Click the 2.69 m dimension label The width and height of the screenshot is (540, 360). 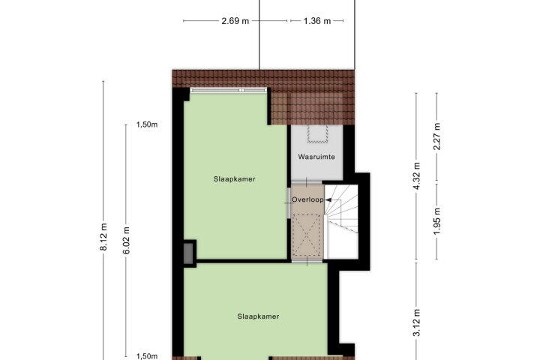pos(235,21)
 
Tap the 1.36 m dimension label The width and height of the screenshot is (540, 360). pos(317,21)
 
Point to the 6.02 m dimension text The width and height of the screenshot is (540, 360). pos(127,241)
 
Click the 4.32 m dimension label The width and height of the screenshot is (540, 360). pos(417,175)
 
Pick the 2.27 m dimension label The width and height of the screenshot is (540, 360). pos(437,136)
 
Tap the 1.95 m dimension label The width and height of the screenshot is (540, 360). pos(437,221)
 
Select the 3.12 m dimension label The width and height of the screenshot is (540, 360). pos(417,322)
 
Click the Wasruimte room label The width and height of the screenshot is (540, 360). pos(316,157)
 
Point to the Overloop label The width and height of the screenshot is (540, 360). pos(308,199)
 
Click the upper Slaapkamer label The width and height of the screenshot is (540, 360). pos(235,179)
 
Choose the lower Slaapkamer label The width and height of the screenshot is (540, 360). pos(258,316)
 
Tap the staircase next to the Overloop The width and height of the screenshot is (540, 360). pos(341,221)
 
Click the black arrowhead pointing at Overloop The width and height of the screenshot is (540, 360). pos(328,199)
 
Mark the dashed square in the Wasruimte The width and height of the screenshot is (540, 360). pos(317,134)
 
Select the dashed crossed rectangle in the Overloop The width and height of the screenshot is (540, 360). pos(306,235)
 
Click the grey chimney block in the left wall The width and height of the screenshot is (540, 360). pos(188,253)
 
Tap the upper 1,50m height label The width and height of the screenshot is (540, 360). pos(147,124)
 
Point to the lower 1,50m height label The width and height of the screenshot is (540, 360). pos(147,356)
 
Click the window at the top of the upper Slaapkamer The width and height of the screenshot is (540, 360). pos(229,90)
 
